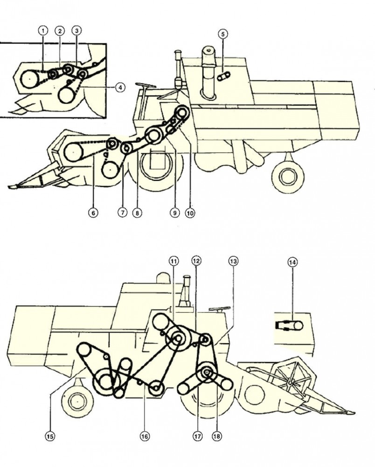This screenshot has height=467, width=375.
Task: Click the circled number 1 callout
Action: click(43, 31)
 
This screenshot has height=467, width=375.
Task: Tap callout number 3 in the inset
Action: click(76, 31)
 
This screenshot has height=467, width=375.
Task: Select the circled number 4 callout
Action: click(120, 87)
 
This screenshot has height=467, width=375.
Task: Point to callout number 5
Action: click(223, 34)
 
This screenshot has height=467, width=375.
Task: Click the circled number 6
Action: click(93, 212)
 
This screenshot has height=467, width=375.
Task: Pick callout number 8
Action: click(137, 213)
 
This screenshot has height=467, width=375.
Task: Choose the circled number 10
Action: click(190, 213)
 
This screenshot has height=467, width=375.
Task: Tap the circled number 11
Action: click(174, 261)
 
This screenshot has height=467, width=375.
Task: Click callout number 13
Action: click(233, 261)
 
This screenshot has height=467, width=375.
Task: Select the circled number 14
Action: click(292, 262)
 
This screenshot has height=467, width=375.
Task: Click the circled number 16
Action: click(145, 436)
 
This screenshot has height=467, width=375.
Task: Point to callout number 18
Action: click(216, 436)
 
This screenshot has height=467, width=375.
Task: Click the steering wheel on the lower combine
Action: click(220, 310)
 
